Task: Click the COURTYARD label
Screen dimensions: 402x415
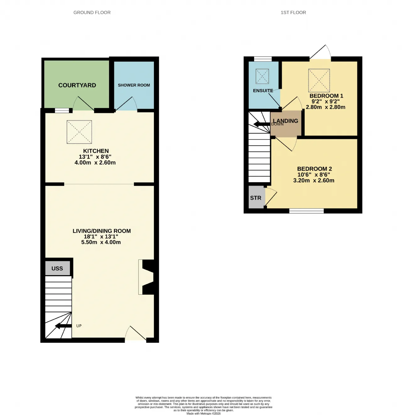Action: click(77, 85)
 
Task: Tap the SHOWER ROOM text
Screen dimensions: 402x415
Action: click(134, 85)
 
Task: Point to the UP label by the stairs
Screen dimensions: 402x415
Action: click(79, 326)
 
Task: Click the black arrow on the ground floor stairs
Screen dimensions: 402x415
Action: click(63, 326)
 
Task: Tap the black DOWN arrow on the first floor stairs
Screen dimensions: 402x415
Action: click(262, 124)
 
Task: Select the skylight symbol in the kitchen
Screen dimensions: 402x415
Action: click(79, 132)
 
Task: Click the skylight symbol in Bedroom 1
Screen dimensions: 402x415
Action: click(319, 80)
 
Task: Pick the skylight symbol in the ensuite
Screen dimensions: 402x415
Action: click(262, 76)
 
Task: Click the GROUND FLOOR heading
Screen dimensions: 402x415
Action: click(92, 13)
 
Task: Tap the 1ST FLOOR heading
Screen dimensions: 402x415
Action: click(293, 13)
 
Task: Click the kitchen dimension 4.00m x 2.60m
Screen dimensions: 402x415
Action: click(95, 162)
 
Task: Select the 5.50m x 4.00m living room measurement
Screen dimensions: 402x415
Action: click(101, 242)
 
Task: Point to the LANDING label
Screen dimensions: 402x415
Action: click(285, 121)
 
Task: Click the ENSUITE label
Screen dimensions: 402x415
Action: click(263, 91)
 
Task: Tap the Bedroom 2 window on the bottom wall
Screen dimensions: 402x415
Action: click(306, 211)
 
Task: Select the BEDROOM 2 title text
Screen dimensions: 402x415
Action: click(314, 169)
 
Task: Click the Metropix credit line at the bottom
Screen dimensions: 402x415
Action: click(204, 413)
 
